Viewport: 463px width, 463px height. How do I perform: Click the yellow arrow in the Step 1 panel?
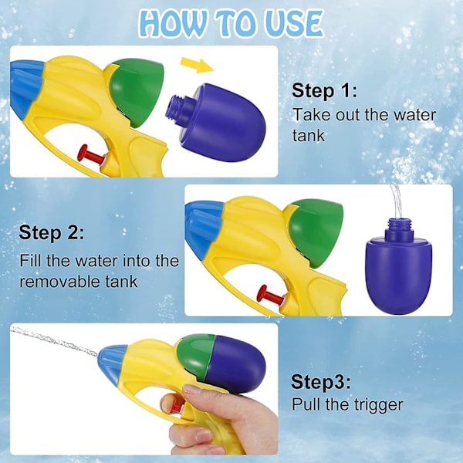(x=198, y=66)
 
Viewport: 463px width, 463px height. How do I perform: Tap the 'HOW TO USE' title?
(x=231, y=24)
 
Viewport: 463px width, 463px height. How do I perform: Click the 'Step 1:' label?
(x=324, y=90)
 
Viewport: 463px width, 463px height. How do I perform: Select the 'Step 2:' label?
(x=52, y=233)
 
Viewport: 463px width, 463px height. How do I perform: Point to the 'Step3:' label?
(x=321, y=381)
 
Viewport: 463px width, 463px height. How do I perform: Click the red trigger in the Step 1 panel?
(x=91, y=155)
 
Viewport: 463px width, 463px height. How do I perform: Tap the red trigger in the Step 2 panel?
(x=271, y=296)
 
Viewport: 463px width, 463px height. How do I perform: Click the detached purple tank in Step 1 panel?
(x=217, y=122)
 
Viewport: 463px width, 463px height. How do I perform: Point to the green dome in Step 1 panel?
(x=136, y=92)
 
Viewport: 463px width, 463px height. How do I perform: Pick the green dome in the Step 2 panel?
(x=316, y=232)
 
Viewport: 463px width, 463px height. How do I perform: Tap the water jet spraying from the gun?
(x=54, y=341)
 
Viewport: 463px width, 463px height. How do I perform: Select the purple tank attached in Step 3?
(x=235, y=364)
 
